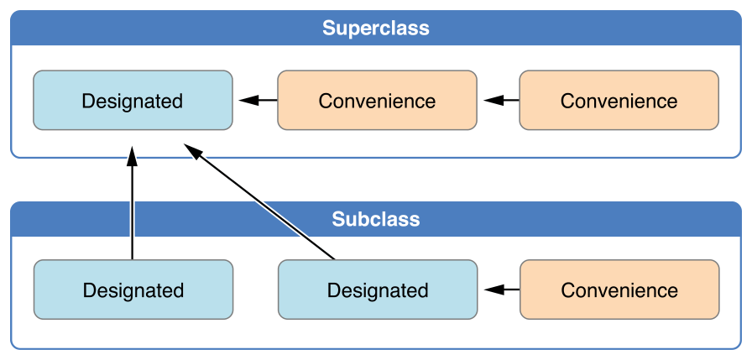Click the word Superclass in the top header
pyautogui.click(x=375, y=29)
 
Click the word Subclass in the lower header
pyautogui.click(x=375, y=220)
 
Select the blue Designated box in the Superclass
pyautogui.click(x=133, y=101)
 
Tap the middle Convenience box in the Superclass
pyautogui.click(x=377, y=101)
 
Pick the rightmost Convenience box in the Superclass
pyautogui.click(x=619, y=101)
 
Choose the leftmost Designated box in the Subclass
pyautogui.click(x=133, y=290)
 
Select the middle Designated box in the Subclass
pyautogui.click(x=377, y=290)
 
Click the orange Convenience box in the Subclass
pyautogui.click(x=619, y=290)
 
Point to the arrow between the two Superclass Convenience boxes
pyautogui.click(x=501, y=101)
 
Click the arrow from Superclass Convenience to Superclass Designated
pyautogui.click(x=258, y=101)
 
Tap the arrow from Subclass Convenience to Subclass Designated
pyautogui.click(x=501, y=290)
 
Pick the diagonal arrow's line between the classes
pyautogui.click(x=264, y=205)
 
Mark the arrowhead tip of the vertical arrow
pyautogui.click(x=132, y=149)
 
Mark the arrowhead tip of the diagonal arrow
pyautogui.click(x=187, y=147)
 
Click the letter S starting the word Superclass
pyautogui.click(x=329, y=29)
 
